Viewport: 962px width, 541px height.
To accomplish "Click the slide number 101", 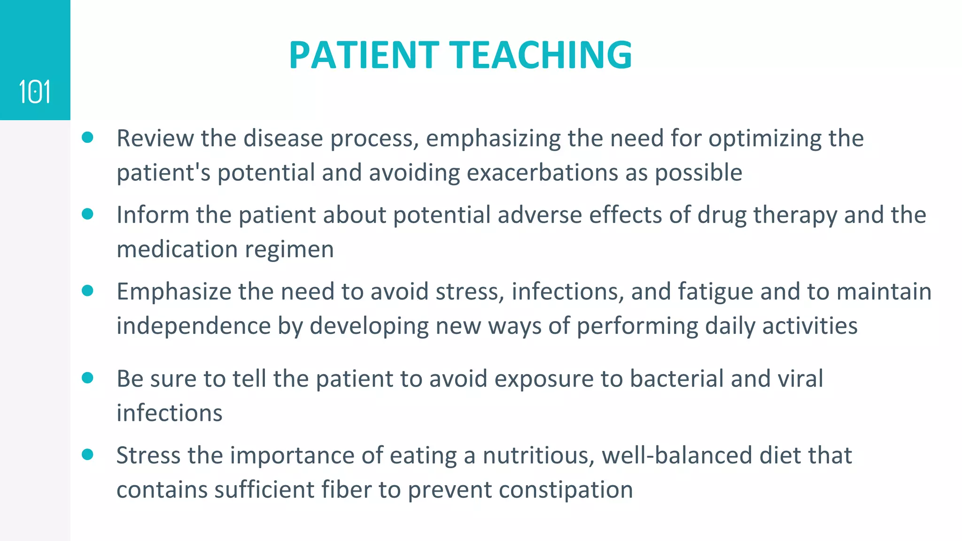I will click(35, 92).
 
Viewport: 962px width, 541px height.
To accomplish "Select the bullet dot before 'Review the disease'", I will click(87, 137).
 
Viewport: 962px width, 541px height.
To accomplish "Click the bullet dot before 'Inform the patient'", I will click(87, 214).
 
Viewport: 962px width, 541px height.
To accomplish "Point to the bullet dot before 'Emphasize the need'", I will click(87, 291).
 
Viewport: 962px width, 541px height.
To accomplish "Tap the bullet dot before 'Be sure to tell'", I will click(87, 378).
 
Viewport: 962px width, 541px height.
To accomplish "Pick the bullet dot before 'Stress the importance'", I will click(87, 454).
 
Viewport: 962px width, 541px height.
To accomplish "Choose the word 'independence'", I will click(194, 326).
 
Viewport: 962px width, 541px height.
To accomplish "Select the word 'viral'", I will click(800, 379).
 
